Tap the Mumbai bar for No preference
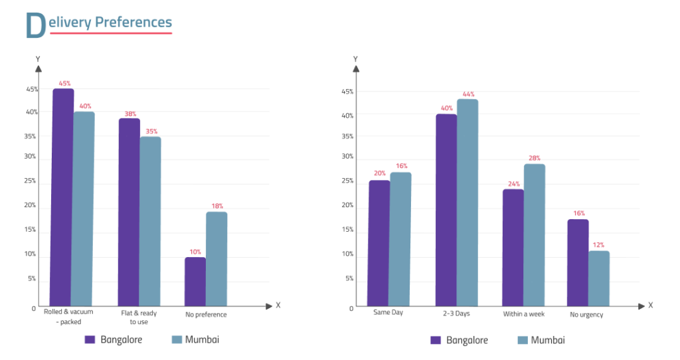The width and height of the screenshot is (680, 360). pos(216,259)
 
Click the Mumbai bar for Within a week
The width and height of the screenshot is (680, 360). pos(534,235)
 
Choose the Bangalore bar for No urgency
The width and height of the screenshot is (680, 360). pos(578,263)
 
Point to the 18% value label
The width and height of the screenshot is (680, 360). pos(217,206)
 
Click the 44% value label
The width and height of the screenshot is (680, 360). pos(468,94)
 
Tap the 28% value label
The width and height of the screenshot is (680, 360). pos(535,158)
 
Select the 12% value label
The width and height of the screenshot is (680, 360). pos(599,245)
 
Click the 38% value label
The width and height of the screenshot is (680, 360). pos(129,113)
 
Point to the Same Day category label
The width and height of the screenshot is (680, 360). pos(388,312)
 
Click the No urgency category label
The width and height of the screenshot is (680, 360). pos(586,314)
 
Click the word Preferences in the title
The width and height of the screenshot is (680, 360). pos(133,22)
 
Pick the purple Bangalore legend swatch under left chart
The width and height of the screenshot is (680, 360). pos(90,339)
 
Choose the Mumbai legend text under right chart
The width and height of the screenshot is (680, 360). pos(548,340)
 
